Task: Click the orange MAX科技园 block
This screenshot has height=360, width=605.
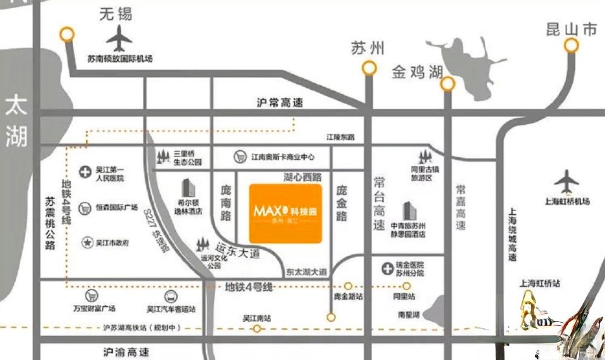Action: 286,213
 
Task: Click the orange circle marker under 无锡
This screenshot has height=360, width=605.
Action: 67,34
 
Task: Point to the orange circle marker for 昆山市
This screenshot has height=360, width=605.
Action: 571,45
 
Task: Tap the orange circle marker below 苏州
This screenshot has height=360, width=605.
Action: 369,68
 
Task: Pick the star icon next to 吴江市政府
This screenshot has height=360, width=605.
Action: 86,243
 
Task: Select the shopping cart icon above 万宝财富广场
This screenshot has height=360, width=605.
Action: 92,296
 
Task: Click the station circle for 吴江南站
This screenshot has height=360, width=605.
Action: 257,329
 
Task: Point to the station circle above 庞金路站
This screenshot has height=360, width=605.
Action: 348,286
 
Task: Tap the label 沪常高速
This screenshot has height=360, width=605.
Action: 279,103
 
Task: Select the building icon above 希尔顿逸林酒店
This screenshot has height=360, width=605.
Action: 188,188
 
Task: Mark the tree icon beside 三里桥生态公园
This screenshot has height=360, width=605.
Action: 163,156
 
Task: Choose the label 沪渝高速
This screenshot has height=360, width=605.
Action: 126,352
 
